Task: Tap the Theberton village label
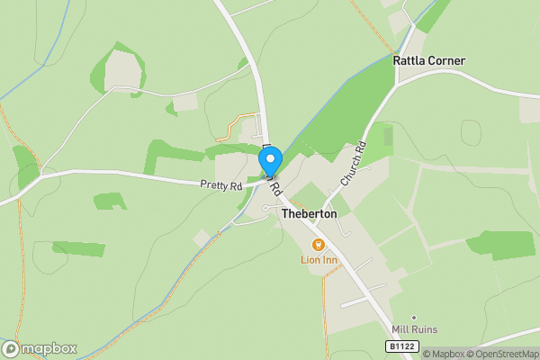[309, 214]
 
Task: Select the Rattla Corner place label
[428, 61]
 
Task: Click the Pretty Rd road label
[221, 186]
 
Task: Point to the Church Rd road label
[353, 163]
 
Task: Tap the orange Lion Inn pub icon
[317, 245]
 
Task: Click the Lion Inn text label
[318, 260]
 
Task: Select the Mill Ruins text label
[414, 329]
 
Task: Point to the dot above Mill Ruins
[414, 317]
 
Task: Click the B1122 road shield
[404, 346]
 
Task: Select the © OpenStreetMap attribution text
[505, 354]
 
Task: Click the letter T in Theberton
[285, 214]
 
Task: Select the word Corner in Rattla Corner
[447, 61]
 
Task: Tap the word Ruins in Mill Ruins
[426, 329]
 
